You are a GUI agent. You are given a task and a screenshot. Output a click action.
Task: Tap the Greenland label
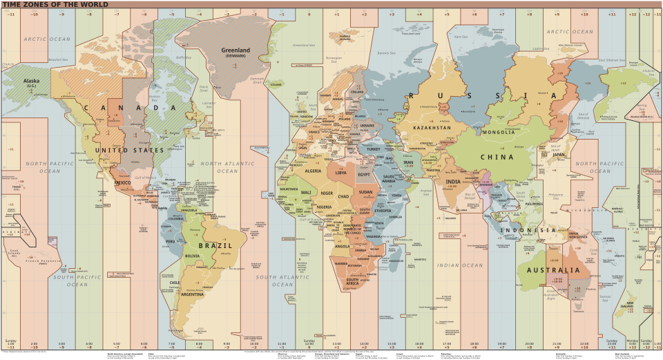coord(236,50)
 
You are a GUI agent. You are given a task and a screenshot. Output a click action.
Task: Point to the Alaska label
coord(32,81)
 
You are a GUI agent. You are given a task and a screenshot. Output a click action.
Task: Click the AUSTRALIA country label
coord(553,270)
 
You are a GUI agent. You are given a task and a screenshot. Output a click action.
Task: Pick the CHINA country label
coord(497,157)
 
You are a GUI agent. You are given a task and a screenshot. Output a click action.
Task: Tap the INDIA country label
coord(453,182)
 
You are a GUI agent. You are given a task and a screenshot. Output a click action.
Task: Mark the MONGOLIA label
coord(499,132)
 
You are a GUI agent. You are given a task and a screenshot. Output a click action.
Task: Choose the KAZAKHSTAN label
coord(432,128)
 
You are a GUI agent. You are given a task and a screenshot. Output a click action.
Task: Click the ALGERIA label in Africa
coord(314,171)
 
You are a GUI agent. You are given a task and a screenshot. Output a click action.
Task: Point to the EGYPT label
coord(365,174)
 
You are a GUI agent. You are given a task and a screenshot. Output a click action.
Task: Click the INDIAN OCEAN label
coord(459,265)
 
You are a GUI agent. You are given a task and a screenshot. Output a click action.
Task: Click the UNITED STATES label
coord(130,150)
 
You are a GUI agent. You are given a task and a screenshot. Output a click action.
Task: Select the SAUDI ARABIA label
coord(392,180)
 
